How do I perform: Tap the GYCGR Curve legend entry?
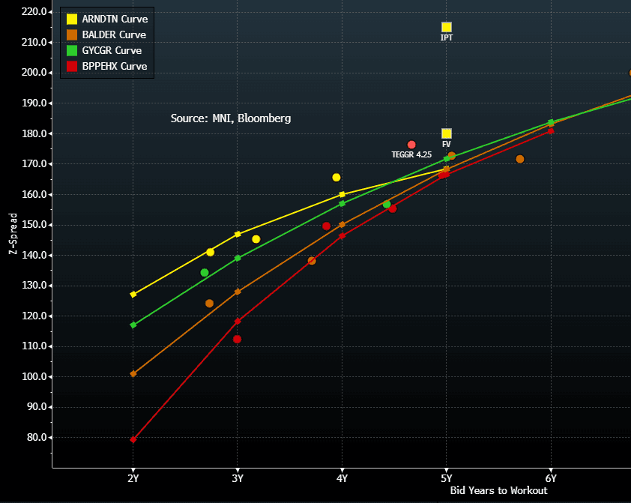point(105,50)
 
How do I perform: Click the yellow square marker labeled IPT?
point(447,27)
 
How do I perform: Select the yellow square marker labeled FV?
point(447,133)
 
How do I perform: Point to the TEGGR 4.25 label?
point(411,154)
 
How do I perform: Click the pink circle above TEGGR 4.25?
point(411,145)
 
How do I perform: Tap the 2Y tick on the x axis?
point(133,478)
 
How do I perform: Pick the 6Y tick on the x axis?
point(551,478)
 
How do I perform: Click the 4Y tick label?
point(342,478)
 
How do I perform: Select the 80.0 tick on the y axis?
point(35,438)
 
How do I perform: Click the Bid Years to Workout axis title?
point(498,491)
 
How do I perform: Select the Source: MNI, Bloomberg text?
point(231,118)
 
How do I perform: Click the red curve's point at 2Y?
point(133,439)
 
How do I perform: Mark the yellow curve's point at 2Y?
point(133,295)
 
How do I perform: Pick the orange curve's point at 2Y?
point(133,373)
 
